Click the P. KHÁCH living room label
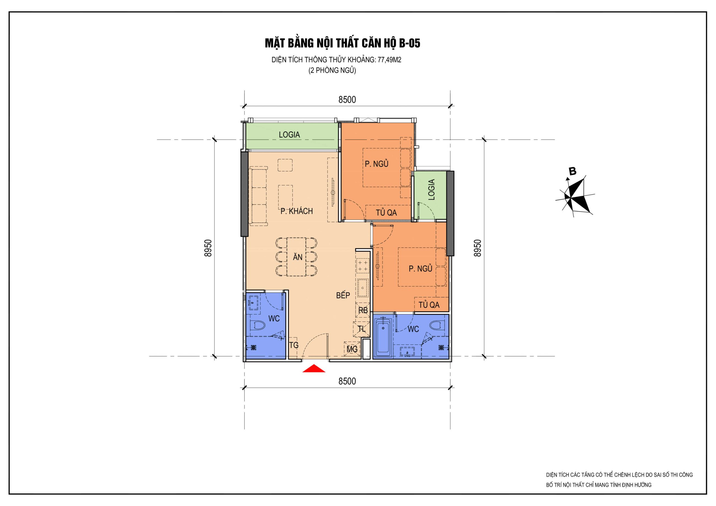296,211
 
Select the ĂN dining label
298,257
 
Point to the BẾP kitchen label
343,295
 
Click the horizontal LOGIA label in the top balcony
289,135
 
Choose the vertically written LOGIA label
431,189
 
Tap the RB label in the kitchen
363,311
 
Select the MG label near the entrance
352,349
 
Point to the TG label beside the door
294,345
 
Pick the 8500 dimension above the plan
347,100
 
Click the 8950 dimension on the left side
208,248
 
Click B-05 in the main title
410,43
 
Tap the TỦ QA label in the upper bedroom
386,213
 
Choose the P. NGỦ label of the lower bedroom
420,268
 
